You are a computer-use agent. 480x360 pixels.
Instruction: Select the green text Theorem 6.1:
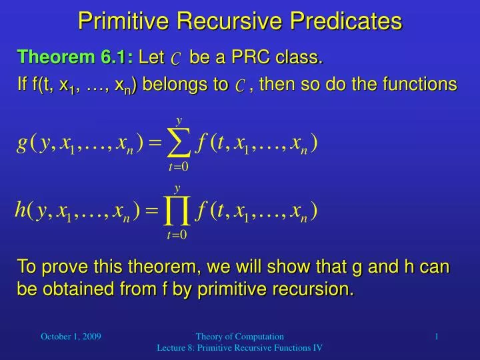(75, 59)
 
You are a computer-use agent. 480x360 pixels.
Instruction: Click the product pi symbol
(176, 212)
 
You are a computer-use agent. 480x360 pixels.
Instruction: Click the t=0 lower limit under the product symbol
(176, 235)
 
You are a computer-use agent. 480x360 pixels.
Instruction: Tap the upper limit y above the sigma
(179, 121)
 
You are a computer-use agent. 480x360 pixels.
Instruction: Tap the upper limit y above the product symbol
(177, 189)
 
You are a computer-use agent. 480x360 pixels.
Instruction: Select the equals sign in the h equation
(151, 212)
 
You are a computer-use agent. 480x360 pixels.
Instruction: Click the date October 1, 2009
(71, 337)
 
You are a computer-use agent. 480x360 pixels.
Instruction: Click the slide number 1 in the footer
(437, 337)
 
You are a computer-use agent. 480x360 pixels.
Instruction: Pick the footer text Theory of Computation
(239, 337)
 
